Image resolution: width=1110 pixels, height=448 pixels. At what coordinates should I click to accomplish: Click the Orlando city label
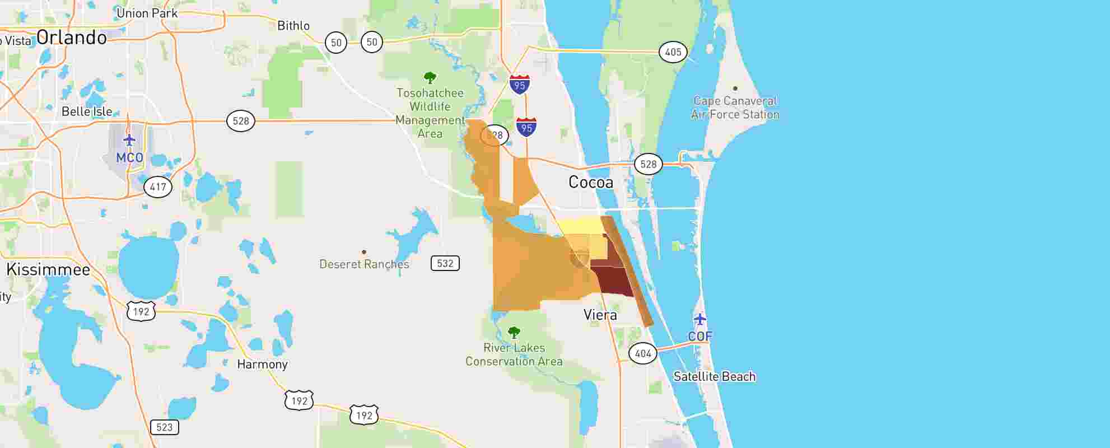click(72, 38)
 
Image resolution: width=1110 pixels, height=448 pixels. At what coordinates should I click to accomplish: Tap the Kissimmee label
click(48, 269)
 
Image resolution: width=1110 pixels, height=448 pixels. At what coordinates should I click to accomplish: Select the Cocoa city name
click(590, 182)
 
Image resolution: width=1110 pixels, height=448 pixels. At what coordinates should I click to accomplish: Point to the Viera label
click(600, 315)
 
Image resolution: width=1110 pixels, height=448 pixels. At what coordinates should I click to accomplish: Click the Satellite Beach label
click(714, 376)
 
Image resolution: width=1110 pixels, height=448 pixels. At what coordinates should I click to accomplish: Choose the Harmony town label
click(262, 364)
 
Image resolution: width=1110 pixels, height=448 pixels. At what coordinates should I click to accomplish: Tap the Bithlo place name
click(293, 26)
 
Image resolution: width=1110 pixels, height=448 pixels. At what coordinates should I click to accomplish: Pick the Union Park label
click(147, 13)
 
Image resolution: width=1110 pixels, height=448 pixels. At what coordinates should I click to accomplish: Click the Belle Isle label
click(87, 111)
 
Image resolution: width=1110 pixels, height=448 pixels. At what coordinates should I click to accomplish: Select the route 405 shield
click(673, 52)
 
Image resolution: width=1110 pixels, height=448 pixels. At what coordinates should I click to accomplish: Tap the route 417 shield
click(158, 186)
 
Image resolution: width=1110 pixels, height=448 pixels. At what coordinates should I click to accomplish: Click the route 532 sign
click(445, 263)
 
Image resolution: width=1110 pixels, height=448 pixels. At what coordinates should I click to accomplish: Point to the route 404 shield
click(643, 353)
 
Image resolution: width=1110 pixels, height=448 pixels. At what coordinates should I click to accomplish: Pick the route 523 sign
click(164, 427)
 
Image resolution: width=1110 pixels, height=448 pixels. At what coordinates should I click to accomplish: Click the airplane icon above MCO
click(129, 140)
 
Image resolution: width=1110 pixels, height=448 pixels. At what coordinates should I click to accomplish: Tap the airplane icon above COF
click(699, 319)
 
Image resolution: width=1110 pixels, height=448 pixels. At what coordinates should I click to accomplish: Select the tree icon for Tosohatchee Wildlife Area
click(430, 77)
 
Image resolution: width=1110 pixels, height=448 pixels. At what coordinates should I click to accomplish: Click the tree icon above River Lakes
click(514, 333)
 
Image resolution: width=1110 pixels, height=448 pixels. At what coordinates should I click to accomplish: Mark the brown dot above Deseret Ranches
click(364, 252)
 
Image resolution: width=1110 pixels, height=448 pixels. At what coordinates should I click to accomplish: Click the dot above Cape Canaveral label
click(735, 88)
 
